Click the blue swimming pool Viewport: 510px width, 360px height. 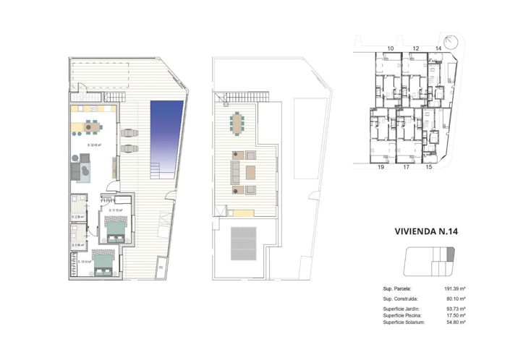(165, 134)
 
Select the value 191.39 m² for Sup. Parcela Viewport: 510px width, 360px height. (454, 288)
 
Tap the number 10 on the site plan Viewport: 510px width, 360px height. (391, 48)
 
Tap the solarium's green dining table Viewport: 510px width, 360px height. (238, 124)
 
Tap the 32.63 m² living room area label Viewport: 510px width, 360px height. (94, 145)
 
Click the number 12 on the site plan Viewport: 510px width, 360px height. (416, 48)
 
